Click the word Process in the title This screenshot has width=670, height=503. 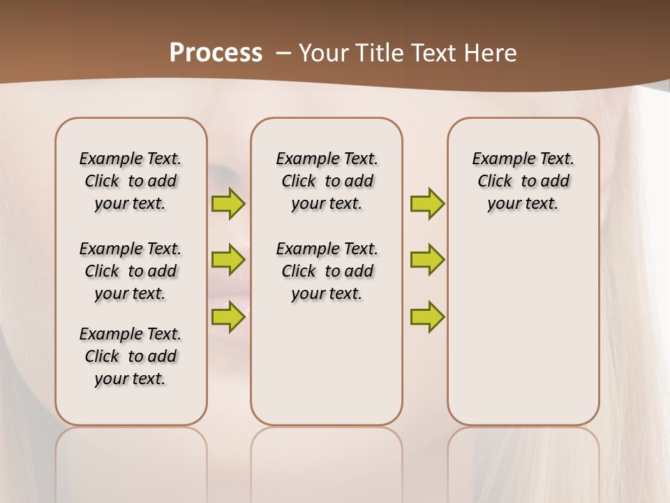(x=216, y=53)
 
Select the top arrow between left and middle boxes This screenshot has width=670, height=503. (x=228, y=203)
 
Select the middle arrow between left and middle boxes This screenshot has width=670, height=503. (x=228, y=260)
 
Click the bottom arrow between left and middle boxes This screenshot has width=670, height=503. (x=228, y=316)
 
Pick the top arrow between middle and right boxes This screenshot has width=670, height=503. (x=427, y=203)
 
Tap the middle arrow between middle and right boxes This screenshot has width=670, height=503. (x=427, y=260)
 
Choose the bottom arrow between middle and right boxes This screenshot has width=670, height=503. (x=427, y=316)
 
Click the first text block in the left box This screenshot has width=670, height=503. (x=131, y=181)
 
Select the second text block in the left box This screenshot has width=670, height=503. (x=131, y=271)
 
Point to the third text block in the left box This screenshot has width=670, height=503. (x=131, y=356)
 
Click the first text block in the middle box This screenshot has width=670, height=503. (x=327, y=181)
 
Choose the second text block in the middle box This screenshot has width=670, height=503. (x=327, y=271)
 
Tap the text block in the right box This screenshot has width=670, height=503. (x=523, y=181)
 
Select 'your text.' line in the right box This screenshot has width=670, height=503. (x=523, y=204)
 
